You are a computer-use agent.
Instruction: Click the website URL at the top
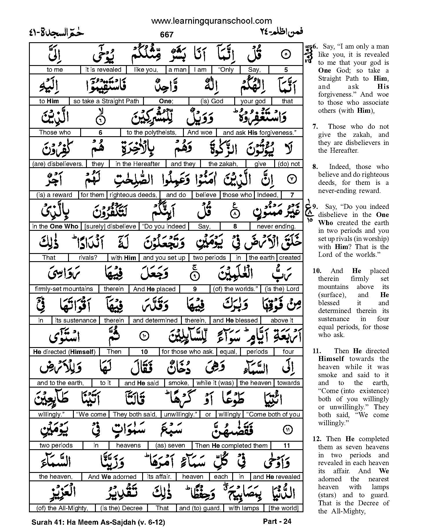tap(212, 21)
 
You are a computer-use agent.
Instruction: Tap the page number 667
tap(166, 35)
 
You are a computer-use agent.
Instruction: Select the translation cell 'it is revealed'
tap(103, 70)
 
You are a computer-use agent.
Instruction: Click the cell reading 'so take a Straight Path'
tap(106, 101)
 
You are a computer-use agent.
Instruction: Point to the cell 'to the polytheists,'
tap(151, 132)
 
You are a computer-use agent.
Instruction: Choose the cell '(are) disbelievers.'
tap(58, 164)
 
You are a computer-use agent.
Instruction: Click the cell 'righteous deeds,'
tap(133, 195)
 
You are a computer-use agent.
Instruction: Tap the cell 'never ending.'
tap(276, 226)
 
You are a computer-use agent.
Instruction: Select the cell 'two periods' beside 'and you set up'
tap(209, 257)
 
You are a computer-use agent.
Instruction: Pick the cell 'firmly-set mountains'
tap(64, 289)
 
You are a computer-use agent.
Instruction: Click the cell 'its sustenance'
tap(76, 320)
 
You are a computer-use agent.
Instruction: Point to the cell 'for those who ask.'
tap(188, 352)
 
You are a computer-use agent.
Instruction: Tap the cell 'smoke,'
tap(178, 383)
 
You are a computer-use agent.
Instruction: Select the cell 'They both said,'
tap(135, 414)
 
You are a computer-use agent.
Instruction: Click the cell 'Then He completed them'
tap(231, 445)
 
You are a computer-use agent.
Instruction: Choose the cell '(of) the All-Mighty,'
tap(62, 508)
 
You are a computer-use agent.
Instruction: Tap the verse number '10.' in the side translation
tap(318, 271)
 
